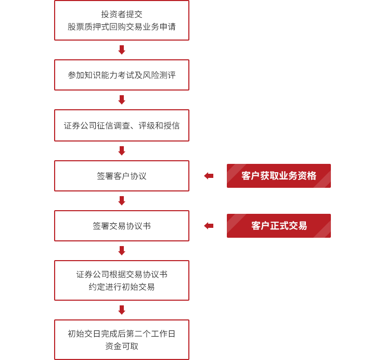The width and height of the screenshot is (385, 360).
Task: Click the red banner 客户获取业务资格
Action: [279, 176]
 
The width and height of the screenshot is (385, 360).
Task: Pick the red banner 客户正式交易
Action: [279, 226]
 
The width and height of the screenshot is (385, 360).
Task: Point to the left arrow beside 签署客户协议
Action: [209, 176]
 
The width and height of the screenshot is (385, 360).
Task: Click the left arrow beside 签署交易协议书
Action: [209, 226]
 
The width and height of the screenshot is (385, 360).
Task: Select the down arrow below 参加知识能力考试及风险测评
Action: [122, 100]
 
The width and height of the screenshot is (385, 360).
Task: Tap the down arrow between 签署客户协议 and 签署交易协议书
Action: [122, 201]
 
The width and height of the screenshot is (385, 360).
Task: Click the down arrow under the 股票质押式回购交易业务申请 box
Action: [122, 50]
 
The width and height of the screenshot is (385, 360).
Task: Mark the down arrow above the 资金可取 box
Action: [122, 310]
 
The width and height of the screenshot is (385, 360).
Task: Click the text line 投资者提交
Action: [122, 14]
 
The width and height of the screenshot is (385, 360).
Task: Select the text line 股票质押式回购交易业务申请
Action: [122, 27]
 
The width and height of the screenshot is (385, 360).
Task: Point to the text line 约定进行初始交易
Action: [122, 287]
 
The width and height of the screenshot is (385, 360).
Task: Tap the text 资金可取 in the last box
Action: [122, 346]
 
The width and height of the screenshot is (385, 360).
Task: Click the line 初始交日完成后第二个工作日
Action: [122, 333]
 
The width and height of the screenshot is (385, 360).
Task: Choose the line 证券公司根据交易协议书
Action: [122, 274]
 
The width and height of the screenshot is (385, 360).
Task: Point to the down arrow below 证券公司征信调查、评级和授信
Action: [122, 151]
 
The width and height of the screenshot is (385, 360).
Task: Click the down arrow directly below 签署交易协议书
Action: [122, 251]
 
